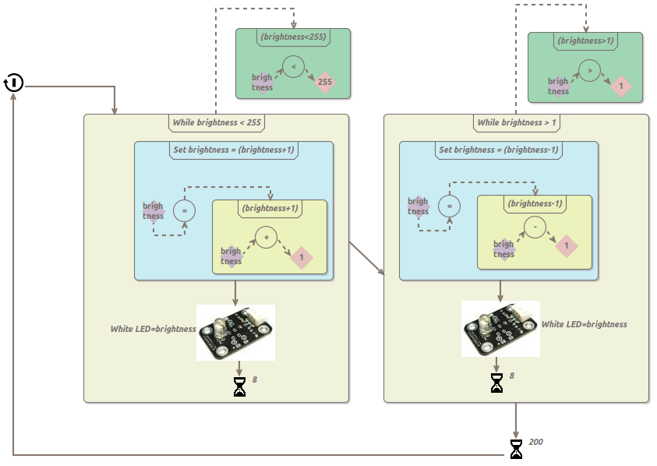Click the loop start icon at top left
point(14,82)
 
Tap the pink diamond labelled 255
point(325,82)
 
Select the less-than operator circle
point(293,67)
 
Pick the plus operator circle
point(267,236)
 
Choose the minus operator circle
point(535,226)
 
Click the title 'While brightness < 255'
point(216,122)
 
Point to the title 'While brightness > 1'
point(516,122)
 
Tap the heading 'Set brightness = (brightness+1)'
point(234,150)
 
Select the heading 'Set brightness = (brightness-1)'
point(499,150)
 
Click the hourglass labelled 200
point(516,450)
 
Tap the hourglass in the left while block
point(240,387)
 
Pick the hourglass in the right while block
point(496,383)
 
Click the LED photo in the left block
point(235,333)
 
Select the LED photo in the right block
point(500,329)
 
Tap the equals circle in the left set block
point(185,210)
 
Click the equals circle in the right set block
point(449,206)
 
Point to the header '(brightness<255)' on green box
point(294,37)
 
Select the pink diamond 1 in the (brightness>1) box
point(620,86)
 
